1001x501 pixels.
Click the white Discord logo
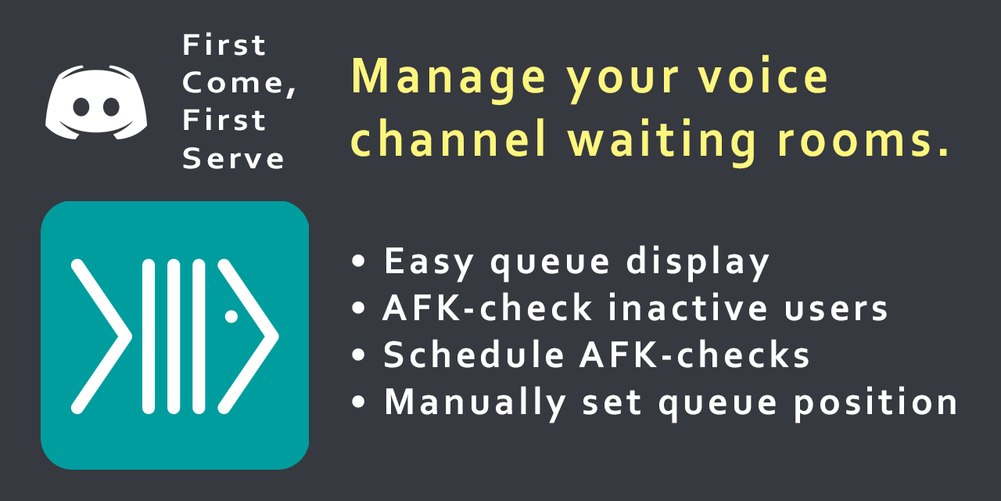tap(96, 103)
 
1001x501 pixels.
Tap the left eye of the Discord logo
tap(81, 107)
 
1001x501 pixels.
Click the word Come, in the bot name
tap(239, 83)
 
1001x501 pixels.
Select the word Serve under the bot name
tap(233, 158)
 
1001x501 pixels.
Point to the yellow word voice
tap(763, 76)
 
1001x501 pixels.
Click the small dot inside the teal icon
tap(231, 316)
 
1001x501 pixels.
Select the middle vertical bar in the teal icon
tap(174, 337)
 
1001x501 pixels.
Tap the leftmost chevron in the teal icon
tap(102, 337)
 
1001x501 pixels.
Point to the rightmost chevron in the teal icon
tap(248, 337)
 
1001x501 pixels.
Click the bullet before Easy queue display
tap(358, 261)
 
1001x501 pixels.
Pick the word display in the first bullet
tap(698, 262)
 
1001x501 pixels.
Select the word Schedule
tap(474, 355)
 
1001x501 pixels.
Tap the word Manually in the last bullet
tap(475, 403)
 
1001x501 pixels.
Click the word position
tap(875, 403)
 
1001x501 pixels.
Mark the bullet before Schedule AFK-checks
tap(358, 355)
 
